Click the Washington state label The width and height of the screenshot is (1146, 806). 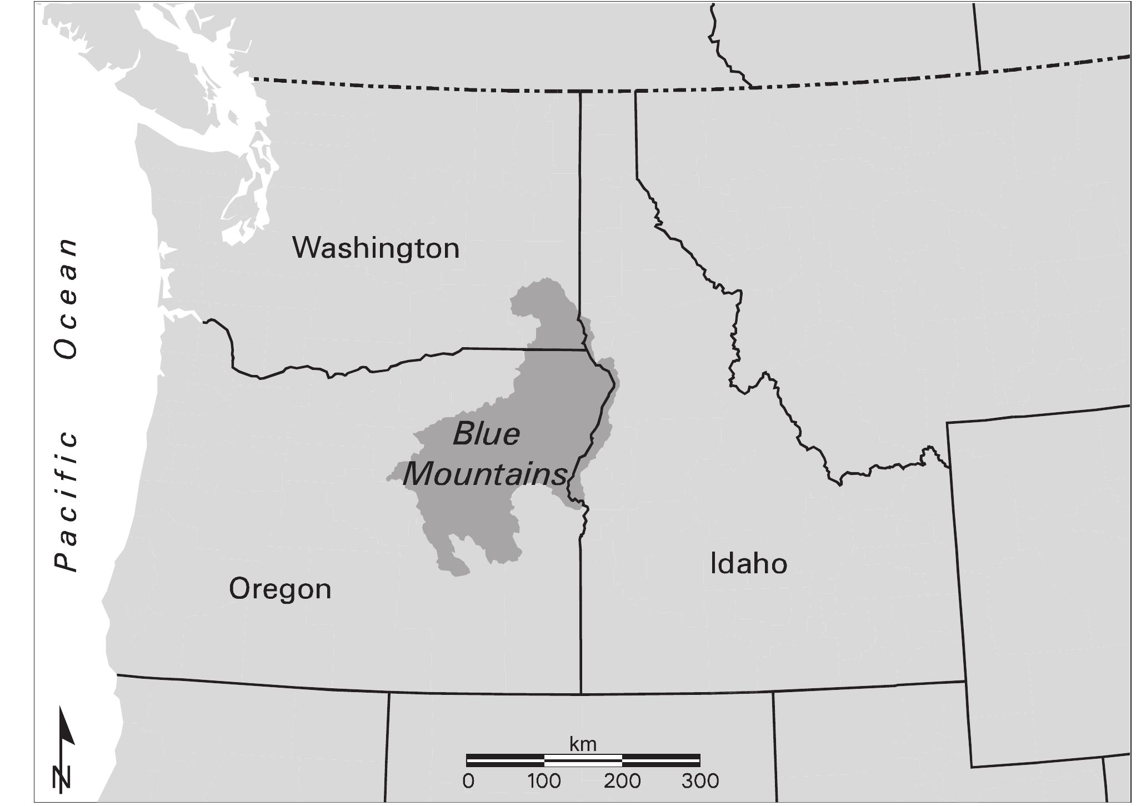pos(376,248)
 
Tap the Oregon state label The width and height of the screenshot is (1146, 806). pos(280,589)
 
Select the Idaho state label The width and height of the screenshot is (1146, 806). pos(748,564)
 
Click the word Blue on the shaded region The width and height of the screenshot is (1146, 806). pos(486,434)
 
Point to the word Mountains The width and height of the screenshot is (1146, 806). pos(485,474)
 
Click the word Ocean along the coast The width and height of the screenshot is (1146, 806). pos(66,298)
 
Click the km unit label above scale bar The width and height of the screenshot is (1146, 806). pos(583,744)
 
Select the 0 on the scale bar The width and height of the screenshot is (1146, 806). pos(468,781)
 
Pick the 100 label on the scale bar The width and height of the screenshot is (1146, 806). pos(544,781)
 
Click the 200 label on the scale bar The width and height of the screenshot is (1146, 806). pos(622,781)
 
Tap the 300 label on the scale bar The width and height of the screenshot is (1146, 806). pos(700,781)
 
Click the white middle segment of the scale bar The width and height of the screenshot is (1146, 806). pos(583,760)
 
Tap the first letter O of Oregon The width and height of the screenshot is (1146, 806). pos(239,589)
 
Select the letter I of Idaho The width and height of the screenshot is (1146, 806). pos(714,564)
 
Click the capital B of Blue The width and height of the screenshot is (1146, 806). pos(463,434)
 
